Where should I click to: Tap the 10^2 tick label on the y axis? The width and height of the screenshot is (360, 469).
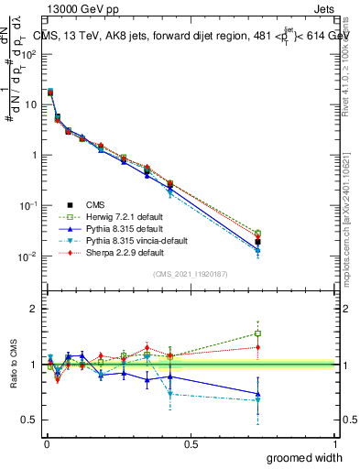[x=29, y=54]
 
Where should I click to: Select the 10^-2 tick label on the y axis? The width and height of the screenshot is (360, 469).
[x=27, y=256]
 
